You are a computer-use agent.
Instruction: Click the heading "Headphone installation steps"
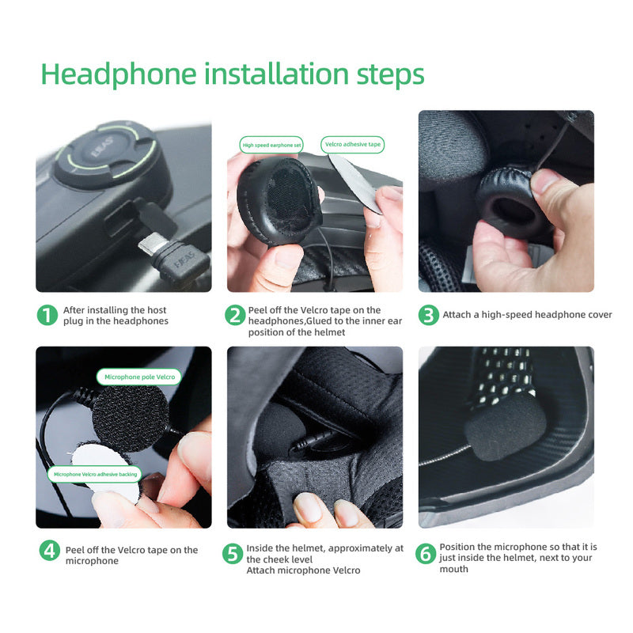tap(232, 74)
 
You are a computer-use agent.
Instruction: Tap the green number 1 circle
tap(47, 315)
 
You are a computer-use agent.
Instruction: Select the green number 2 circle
tap(235, 315)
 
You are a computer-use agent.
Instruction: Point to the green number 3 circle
tap(428, 315)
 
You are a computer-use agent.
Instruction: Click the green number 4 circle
tap(50, 550)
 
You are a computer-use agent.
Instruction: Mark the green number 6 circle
tap(426, 553)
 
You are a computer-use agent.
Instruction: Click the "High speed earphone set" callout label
tap(271, 145)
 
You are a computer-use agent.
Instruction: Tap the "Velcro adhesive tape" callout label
tap(352, 144)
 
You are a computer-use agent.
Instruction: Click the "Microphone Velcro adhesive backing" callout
tap(94, 474)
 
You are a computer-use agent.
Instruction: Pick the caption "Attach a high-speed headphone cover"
tap(527, 315)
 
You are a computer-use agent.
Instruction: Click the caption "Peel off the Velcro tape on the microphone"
tap(131, 555)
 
